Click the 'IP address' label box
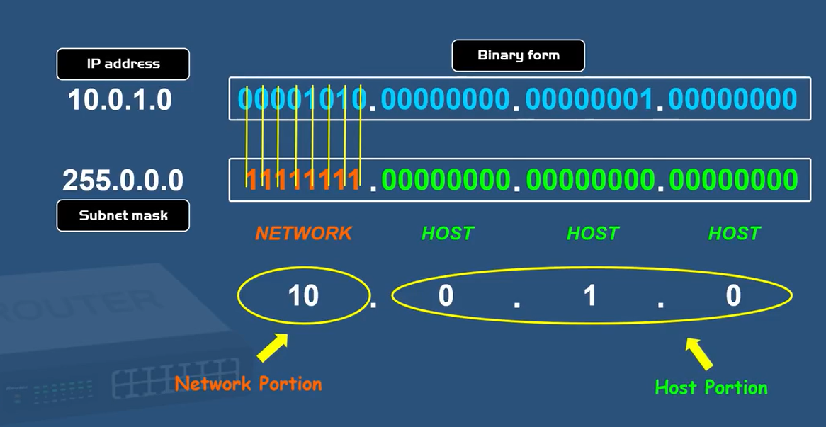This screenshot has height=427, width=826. click(123, 64)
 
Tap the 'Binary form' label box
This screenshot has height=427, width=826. click(518, 55)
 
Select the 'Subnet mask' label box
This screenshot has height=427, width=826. click(123, 215)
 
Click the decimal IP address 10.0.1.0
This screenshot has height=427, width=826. click(120, 100)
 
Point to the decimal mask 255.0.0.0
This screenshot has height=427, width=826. click(123, 181)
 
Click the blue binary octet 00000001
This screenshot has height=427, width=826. click(588, 99)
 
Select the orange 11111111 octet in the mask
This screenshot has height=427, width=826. click(303, 181)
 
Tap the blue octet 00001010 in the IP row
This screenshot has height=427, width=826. click(302, 99)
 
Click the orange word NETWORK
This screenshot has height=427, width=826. click(303, 234)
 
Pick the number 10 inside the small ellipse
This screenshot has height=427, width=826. click(303, 295)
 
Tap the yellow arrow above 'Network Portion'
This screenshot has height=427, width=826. click(272, 348)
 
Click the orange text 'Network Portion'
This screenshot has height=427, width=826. click(248, 384)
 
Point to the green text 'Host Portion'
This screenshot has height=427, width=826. click(711, 387)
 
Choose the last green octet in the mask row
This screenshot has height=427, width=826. click(733, 181)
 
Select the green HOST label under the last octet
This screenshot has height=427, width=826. click(734, 234)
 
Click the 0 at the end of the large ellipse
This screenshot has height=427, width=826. click(733, 295)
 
